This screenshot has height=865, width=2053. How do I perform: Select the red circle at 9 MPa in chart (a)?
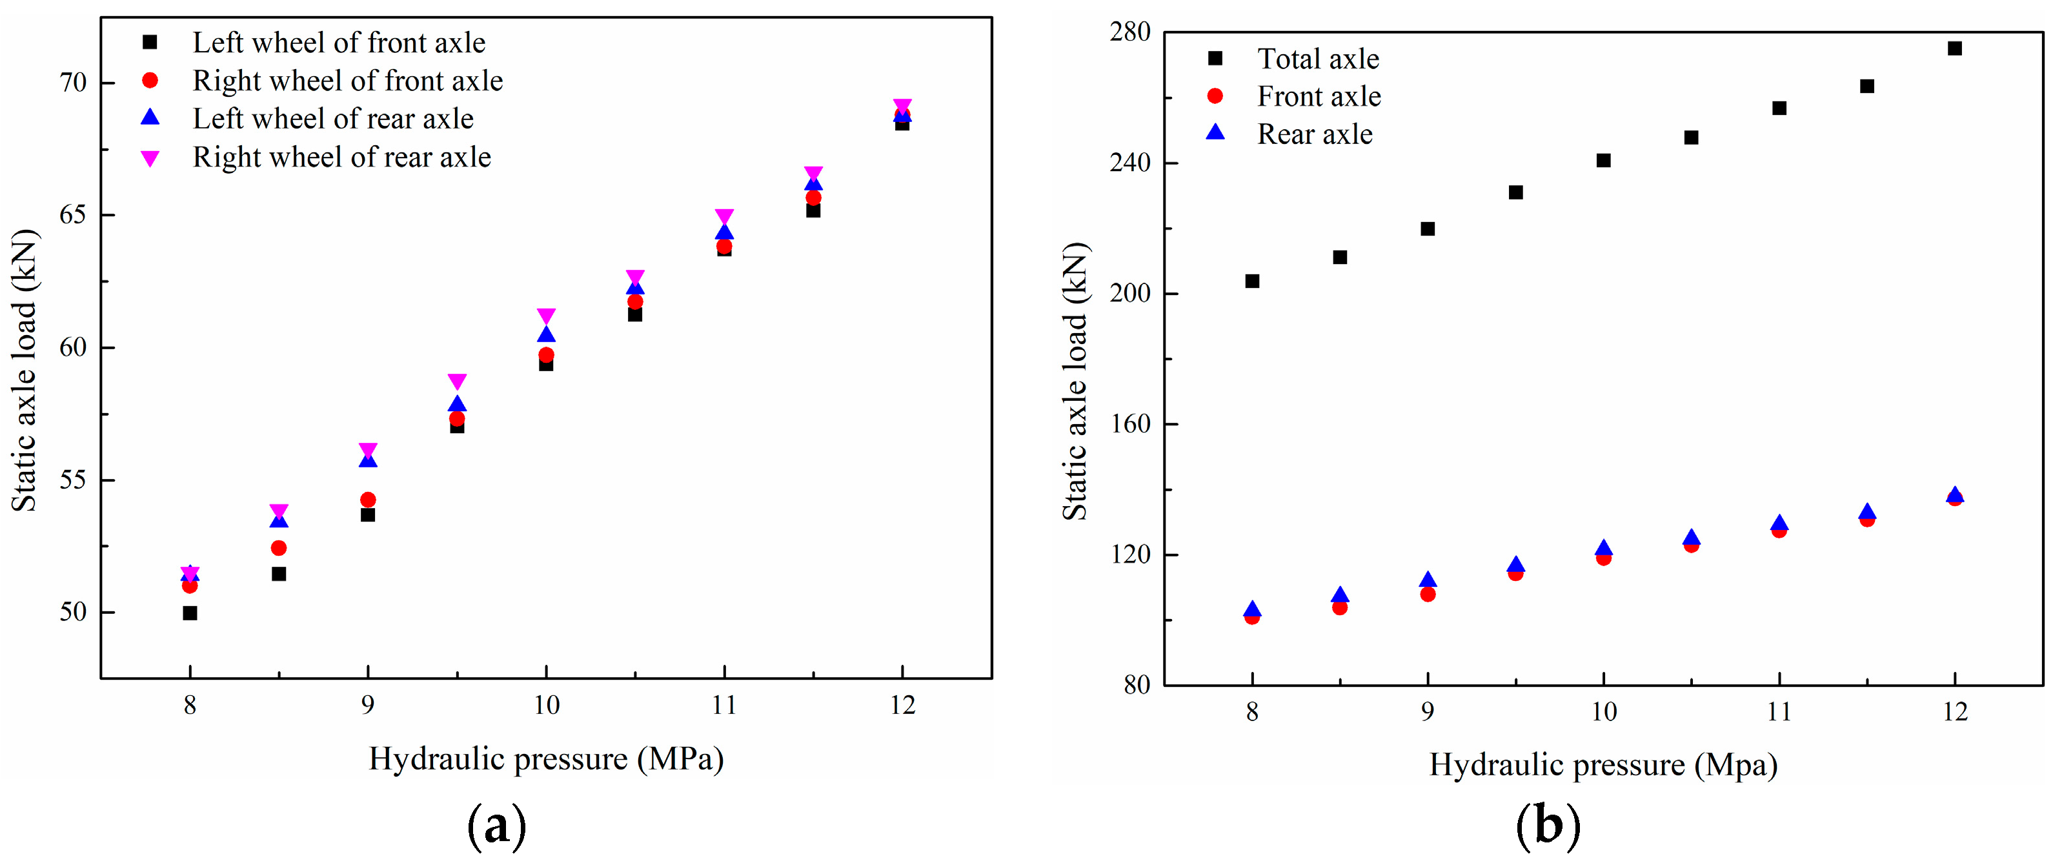[x=367, y=500]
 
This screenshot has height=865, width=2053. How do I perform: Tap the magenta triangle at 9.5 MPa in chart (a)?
[x=457, y=381]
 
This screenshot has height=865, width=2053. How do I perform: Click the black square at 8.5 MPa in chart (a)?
[x=278, y=574]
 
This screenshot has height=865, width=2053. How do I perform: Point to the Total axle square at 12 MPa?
[x=1954, y=48]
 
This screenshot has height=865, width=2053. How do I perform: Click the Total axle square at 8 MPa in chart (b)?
[x=1252, y=281]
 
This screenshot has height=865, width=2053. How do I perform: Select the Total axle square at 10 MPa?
[x=1604, y=160]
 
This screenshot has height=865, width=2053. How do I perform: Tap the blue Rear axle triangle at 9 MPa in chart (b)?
[x=1428, y=580]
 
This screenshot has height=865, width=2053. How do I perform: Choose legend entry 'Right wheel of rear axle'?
[x=341, y=157]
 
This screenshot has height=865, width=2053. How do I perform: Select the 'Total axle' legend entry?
[x=1317, y=58]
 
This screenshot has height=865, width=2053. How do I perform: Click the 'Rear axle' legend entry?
[x=1314, y=134]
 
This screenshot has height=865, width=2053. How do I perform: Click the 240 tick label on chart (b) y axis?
[x=1130, y=163]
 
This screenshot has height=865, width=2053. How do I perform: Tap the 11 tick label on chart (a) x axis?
[x=723, y=705]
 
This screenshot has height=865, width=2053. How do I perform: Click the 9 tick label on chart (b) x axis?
[x=1428, y=711]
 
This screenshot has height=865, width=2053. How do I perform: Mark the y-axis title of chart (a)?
[x=24, y=370]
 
